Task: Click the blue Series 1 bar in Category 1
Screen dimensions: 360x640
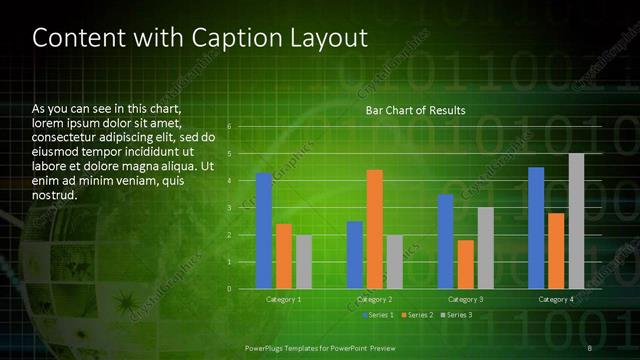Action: (x=264, y=231)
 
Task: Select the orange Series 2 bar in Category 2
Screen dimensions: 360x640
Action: (x=375, y=229)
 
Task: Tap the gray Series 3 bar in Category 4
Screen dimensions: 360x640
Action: (x=576, y=221)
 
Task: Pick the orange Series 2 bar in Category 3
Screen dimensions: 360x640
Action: (x=466, y=264)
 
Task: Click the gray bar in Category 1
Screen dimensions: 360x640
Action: (x=304, y=262)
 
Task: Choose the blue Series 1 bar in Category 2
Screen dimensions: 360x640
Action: (x=355, y=255)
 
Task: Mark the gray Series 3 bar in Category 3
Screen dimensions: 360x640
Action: (x=486, y=248)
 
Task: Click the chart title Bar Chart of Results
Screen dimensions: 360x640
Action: (x=415, y=110)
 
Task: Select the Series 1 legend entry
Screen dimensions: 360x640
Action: (x=378, y=315)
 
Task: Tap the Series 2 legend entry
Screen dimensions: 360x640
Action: (x=416, y=315)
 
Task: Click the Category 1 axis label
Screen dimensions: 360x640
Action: (x=284, y=299)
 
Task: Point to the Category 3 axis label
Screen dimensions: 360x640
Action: (x=466, y=299)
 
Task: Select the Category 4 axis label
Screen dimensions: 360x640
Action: (x=556, y=299)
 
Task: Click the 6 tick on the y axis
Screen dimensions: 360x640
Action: (x=229, y=126)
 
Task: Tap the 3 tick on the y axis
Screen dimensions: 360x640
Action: (x=229, y=208)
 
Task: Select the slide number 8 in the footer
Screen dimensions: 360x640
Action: (x=591, y=347)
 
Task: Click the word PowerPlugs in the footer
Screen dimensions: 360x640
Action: (x=269, y=347)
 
